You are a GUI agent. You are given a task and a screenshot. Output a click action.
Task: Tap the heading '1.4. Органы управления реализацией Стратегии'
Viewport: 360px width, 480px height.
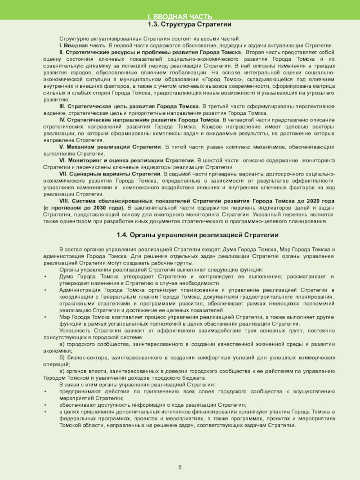point(198,235)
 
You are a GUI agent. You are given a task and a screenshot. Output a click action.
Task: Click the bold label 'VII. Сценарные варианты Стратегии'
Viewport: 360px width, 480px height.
point(110,174)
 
